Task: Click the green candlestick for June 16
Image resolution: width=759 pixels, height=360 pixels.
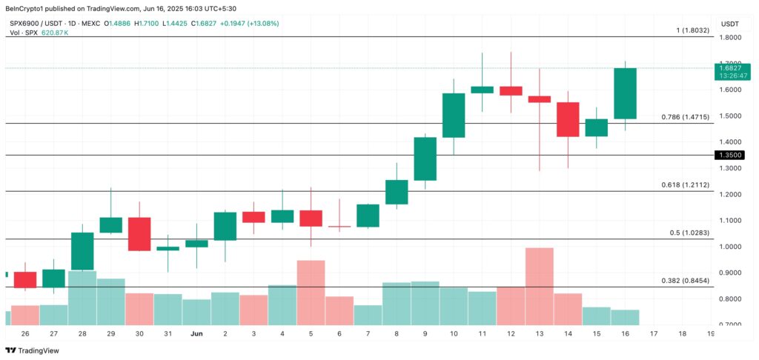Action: click(625, 93)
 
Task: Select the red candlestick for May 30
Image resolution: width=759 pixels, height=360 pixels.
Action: click(139, 234)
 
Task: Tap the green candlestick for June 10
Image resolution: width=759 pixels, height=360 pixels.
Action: click(453, 115)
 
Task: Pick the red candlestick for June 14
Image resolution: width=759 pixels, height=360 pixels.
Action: click(568, 119)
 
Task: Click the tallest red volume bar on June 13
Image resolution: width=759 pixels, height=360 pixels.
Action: click(539, 285)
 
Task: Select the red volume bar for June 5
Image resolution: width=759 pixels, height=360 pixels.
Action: click(311, 292)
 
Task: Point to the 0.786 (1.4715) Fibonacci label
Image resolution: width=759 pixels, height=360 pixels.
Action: click(685, 117)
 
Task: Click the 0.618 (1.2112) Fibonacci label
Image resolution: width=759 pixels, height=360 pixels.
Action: click(685, 185)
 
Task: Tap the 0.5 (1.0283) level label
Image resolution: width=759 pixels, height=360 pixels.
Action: click(689, 233)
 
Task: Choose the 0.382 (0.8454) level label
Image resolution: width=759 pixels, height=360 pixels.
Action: click(685, 281)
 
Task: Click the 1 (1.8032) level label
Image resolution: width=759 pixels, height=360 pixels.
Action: click(692, 30)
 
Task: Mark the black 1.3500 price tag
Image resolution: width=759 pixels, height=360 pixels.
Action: click(729, 155)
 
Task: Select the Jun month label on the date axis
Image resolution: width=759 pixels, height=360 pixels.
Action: click(196, 334)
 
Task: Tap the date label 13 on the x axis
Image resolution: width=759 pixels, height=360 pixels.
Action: click(539, 334)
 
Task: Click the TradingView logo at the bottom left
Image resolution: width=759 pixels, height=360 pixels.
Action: click(34, 350)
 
